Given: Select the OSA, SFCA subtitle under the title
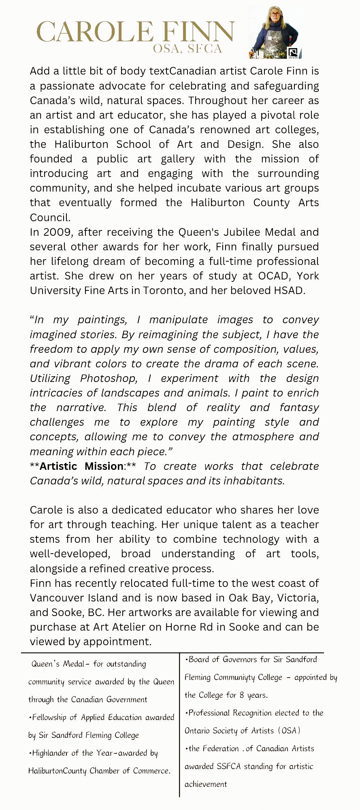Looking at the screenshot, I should click(187, 49).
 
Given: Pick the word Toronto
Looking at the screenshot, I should click(163, 290).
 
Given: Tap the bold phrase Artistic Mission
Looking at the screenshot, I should click(81, 466).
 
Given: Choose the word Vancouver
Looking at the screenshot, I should click(57, 598).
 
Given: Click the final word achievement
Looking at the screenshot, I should click(206, 784).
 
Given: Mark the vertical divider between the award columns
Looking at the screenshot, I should click(179, 725).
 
